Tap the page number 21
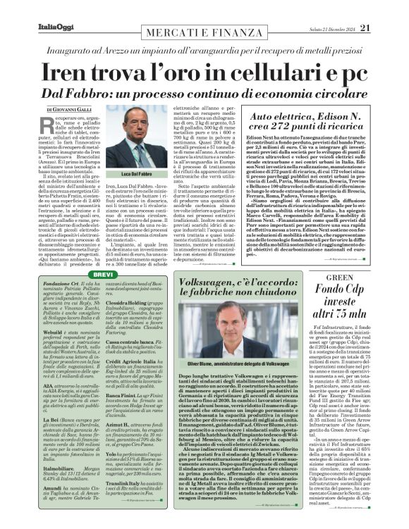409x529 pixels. [x=384, y=8]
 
